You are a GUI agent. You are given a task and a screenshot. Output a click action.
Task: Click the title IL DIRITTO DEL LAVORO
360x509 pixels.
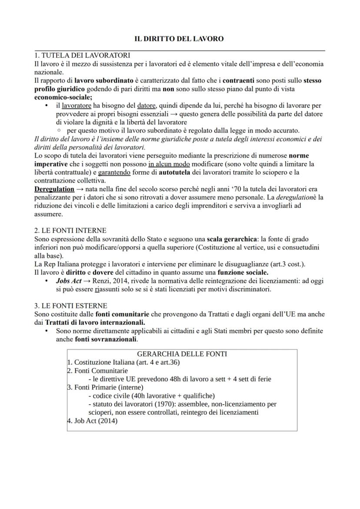click(180, 39)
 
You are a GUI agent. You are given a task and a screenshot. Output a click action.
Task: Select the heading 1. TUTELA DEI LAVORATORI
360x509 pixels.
click(82, 56)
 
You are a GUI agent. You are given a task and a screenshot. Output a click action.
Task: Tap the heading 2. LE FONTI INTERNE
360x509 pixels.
click(70, 230)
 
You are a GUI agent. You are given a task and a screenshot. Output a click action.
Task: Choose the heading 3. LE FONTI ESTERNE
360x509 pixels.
click(70, 306)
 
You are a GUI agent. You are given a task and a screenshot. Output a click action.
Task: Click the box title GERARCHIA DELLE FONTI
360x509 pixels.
click(182, 354)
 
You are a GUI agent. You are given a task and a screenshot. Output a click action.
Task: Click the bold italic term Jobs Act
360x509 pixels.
click(69, 281)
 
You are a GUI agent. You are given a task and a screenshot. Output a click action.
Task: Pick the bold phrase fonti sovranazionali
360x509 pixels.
click(106, 339)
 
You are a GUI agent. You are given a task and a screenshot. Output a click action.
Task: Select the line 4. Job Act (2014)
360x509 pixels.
click(92, 421)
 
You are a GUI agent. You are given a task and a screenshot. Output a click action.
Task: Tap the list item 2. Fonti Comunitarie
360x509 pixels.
click(97, 371)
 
